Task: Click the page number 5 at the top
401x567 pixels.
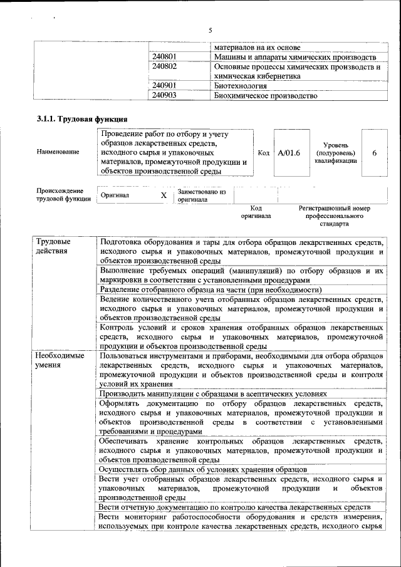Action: (211, 30)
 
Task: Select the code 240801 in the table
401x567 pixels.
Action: (164, 57)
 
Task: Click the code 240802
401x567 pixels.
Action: (164, 66)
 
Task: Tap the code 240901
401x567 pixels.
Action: (164, 86)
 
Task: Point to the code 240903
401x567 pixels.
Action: (164, 96)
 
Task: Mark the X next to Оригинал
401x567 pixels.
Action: (164, 195)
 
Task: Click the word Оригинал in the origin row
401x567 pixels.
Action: (115, 195)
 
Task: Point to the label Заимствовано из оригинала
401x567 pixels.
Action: (201, 195)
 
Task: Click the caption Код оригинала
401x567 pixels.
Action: (256, 212)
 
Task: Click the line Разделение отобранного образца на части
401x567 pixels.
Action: (211, 289)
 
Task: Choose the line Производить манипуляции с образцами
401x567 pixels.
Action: (213, 394)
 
